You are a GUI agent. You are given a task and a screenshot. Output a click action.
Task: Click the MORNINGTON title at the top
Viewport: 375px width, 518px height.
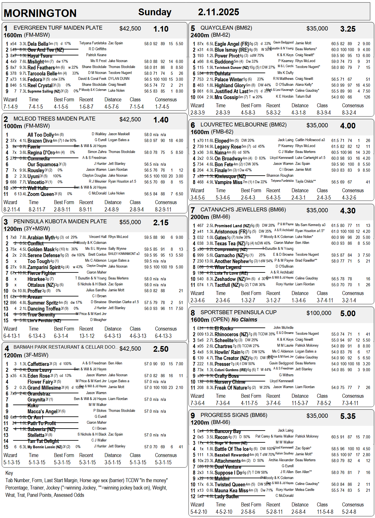click(40, 13)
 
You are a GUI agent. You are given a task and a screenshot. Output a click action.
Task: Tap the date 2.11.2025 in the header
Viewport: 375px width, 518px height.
click(218, 12)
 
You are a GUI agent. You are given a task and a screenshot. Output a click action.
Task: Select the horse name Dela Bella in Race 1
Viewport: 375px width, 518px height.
click(38, 44)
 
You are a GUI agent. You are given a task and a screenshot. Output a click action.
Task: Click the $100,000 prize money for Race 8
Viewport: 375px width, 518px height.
click(319, 313)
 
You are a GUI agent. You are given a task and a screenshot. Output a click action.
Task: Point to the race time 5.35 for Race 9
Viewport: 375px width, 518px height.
click(348, 416)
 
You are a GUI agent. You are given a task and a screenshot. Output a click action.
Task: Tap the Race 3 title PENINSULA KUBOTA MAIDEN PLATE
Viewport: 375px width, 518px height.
click(60, 222)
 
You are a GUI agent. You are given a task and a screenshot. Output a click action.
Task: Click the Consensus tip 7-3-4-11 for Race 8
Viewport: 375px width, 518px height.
click(350, 403)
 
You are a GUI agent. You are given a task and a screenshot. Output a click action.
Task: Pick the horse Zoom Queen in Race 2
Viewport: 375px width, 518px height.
click(40, 194)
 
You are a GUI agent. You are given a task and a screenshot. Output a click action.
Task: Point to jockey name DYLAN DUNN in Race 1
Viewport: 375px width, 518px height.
click(119, 79)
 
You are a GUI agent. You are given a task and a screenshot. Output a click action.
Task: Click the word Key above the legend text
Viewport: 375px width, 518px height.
click(9, 473)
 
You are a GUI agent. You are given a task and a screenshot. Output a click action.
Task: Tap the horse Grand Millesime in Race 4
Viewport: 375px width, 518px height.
click(44, 388)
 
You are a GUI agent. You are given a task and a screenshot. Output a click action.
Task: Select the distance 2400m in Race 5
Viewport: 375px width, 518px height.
click(200, 35)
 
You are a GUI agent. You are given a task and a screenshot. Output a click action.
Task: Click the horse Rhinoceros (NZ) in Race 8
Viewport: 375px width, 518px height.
click(231, 334)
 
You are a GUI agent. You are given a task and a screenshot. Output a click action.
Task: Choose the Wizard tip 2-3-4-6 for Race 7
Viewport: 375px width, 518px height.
click(198, 300)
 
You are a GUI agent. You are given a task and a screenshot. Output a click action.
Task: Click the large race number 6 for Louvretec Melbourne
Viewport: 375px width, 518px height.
click(193, 125)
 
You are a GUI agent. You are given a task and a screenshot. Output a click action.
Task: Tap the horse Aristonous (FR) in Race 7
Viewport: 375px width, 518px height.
click(231, 232)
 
